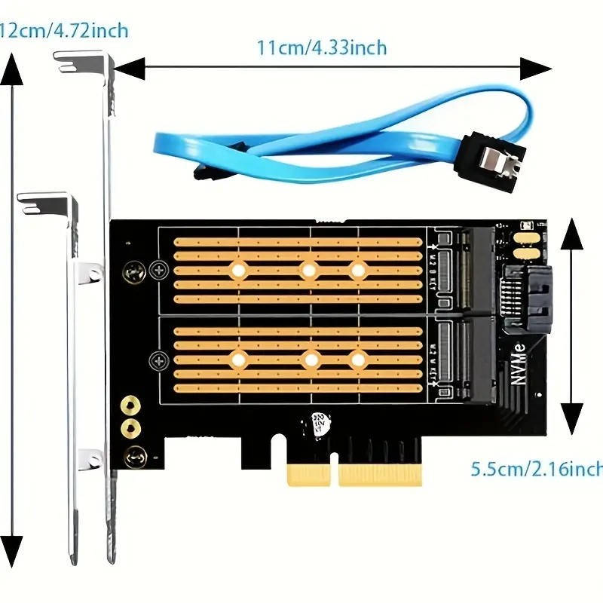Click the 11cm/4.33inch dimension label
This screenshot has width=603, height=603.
point(321,47)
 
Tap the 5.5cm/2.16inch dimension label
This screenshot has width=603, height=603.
point(537,469)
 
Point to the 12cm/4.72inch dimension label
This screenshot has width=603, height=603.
point(63,31)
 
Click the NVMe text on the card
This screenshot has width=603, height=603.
point(519,369)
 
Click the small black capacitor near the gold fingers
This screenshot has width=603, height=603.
point(317,425)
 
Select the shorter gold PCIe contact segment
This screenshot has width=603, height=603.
point(308,474)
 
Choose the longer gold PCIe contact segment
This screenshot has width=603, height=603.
point(380,474)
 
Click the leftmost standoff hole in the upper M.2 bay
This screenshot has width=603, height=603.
point(239,269)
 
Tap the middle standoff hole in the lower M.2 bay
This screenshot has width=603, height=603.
point(310,360)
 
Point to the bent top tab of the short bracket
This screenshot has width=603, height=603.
point(45,200)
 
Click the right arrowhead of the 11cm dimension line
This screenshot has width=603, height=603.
point(540,68)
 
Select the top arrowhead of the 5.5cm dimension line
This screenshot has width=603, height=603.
point(572,234)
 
